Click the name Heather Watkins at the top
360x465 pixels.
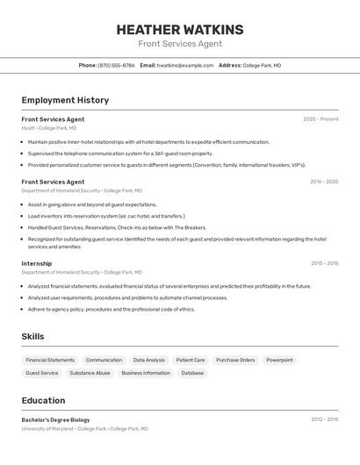pyautogui.click(x=180, y=30)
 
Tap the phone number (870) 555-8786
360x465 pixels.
pyautogui.click(x=116, y=65)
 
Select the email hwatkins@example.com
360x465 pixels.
pyautogui.click(x=185, y=65)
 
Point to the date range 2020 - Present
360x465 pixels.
pyautogui.click(x=320, y=119)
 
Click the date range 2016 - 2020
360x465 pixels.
pyautogui.click(x=323, y=182)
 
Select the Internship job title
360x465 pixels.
pyautogui.click(x=37, y=263)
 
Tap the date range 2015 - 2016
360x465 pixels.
pyautogui.click(x=324, y=263)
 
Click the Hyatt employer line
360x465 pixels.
pyautogui.click(x=48, y=128)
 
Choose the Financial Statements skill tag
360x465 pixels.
pyautogui.click(x=50, y=360)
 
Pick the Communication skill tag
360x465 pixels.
pyautogui.click(x=104, y=360)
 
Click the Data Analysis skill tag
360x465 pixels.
pyautogui.click(x=149, y=360)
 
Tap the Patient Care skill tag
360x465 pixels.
pyautogui.click(x=191, y=360)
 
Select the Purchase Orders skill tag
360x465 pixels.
pyautogui.click(x=235, y=360)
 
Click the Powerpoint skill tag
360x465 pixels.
pyautogui.click(x=279, y=360)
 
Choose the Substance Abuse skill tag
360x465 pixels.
pyautogui.click(x=90, y=373)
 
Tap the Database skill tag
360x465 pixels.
pyautogui.click(x=192, y=373)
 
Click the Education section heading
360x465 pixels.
pyautogui.click(x=43, y=400)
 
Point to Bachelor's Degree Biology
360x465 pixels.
pyautogui.click(x=55, y=420)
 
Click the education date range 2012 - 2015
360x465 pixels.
pyautogui.click(x=324, y=419)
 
